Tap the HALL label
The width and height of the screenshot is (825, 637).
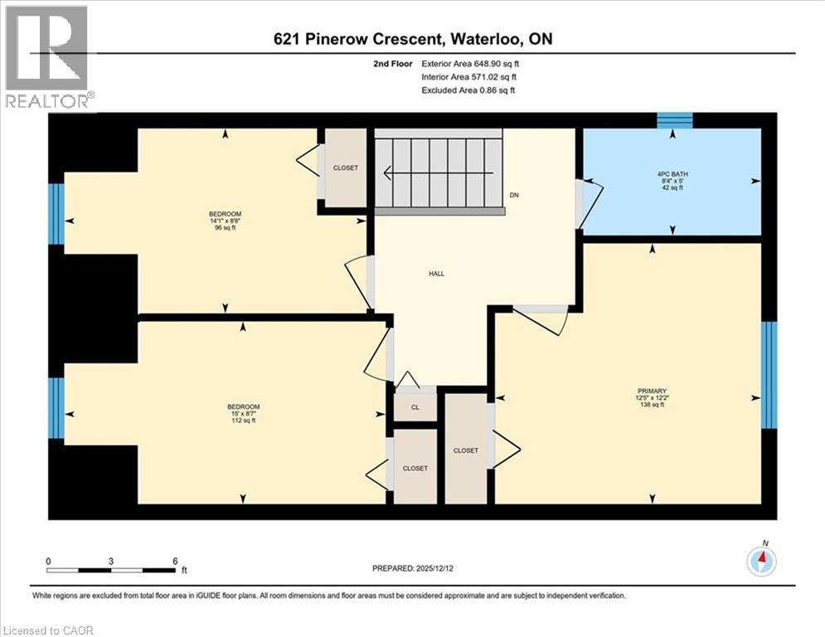pos(436,274)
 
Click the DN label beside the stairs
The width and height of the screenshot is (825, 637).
pos(514,196)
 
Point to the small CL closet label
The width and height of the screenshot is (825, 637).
pos(414,408)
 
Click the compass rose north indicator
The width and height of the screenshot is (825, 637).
pos(761,561)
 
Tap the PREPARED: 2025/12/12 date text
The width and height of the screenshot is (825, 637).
pos(415,568)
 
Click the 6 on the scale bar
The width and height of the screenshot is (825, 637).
pos(175,561)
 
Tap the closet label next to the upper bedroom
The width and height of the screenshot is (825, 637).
pos(346,168)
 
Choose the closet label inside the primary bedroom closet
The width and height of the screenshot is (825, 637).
pos(466,450)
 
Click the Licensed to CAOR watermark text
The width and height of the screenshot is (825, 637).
pos(48,630)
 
